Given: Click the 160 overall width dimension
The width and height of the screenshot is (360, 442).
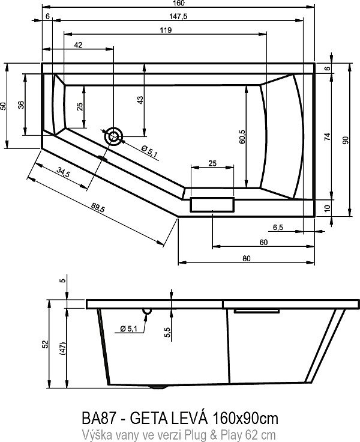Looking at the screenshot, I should [x=179, y=4].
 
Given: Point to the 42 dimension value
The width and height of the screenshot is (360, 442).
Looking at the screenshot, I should [x=78, y=45].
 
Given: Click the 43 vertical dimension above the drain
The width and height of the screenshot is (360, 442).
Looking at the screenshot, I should [x=140, y=100].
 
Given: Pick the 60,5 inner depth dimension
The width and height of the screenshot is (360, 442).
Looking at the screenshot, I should [x=242, y=137].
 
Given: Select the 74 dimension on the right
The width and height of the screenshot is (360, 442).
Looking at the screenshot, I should [x=327, y=136].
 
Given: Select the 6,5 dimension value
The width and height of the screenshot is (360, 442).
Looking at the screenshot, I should [x=278, y=228].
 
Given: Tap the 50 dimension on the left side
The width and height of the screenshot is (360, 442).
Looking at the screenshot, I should [x=5, y=106].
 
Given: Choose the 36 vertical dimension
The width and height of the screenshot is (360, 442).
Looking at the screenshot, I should [x=22, y=104].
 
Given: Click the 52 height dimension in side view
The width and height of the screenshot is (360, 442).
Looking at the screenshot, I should [x=46, y=344].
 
